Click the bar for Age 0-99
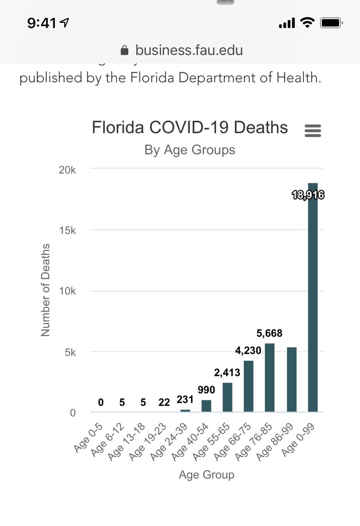click(313, 298)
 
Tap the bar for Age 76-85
click(270, 377)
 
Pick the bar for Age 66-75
click(249, 386)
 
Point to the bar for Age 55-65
click(227, 397)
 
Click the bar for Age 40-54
click(206, 406)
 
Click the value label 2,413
click(227, 373)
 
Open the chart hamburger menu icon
click(313, 130)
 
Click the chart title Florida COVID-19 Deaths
click(190, 128)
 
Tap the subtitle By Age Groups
click(190, 150)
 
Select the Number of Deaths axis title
click(46, 290)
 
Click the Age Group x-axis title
click(206, 475)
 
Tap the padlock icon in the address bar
click(125, 50)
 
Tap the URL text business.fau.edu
click(189, 50)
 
